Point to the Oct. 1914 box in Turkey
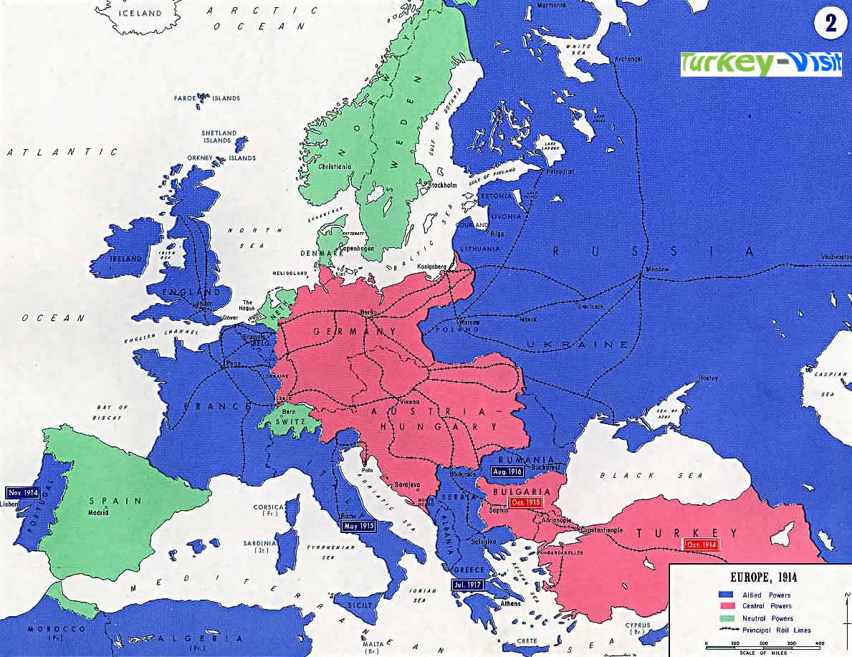tap(702, 545)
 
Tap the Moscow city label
tap(656, 269)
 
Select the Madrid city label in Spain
tap(99, 514)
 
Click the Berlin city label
tap(368, 313)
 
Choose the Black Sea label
tap(627, 475)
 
